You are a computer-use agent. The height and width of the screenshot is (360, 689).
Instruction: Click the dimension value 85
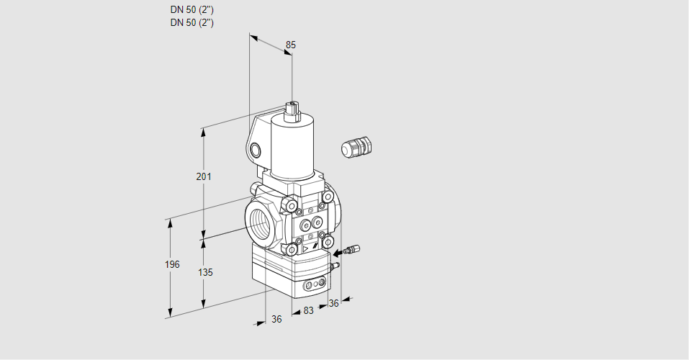pyautogui.click(x=290, y=45)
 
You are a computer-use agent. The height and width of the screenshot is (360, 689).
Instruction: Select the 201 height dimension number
pyautogui.click(x=204, y=176)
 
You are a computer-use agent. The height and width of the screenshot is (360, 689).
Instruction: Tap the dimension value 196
pyautogui.click(x=172, y=265)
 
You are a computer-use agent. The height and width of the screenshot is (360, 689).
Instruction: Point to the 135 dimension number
pyautogui.click(x=205, y=273)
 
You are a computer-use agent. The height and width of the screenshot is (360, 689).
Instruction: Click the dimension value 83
pyautogui.click(x=308, y=311)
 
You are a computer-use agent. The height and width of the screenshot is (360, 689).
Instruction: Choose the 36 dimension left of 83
pyautogui.click(x=276, y=320)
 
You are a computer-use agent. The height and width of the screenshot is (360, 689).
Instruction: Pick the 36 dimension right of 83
pyautogui.click(x=334, y=303)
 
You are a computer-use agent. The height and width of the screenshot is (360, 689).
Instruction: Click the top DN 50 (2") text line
pyautogui.click(x=192, y=9)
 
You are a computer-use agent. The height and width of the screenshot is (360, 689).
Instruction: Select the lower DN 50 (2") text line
pyautogui.click(x=192, y=23)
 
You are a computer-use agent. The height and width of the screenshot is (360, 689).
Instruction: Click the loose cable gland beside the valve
pyautogui.click(x=356, y=147)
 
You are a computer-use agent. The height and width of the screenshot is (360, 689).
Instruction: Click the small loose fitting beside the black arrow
pyautogui.click(x=353, y=250)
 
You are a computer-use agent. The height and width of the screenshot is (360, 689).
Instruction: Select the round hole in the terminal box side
pyautogui.click(x=255, y=150)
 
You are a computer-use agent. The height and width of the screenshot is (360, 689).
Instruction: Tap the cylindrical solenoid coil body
pyautogui.click(x=292, y=148)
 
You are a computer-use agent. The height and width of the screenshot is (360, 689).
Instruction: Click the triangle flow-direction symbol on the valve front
pyautogui.click(x=306, y=249)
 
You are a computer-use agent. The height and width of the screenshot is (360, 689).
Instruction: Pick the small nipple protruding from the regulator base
pyautogui.click(x=336, y=265)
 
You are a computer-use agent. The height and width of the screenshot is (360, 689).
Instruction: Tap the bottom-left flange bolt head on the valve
pyautogui.click(x=292, y=250)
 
